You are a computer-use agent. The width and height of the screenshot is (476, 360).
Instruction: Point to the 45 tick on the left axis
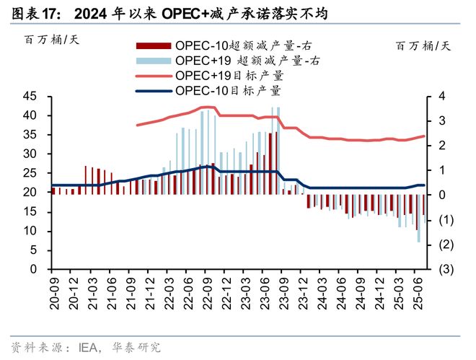[x=30, y=97]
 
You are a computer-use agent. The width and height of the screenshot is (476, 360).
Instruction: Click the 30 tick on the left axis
[x=30, y=154]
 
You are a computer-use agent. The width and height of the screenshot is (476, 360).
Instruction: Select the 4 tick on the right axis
[x=441, y=97]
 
